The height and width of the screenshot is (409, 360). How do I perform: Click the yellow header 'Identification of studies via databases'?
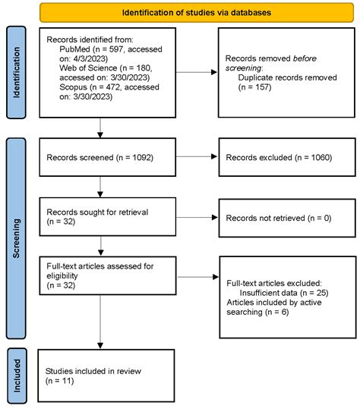pyautogui.click(x=197, y=12)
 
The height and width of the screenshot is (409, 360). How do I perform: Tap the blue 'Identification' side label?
pyautogui.click(x=16, y=73)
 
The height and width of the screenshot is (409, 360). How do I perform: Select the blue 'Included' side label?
pyautogui.click(x=17, y=376)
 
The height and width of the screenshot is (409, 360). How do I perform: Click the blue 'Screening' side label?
pyautogui.click(x=16, y=238)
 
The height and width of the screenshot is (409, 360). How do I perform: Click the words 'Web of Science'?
pyautogui.click(x=88, y=68)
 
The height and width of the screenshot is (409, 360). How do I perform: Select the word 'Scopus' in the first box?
pyautogui.click(x=73, y=87)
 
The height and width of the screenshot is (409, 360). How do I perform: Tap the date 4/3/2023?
pyautogui.click(x=90, y=58)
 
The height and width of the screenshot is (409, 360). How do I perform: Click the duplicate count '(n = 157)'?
pyautogui.click(x=254, y=87)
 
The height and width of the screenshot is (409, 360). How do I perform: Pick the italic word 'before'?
pyautogui.click(x=305, y=58)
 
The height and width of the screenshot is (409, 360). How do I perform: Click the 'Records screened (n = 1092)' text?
pyautogui.click(x=100, y=158)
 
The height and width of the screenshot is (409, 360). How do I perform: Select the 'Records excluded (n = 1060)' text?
pyautogui.click(x=279, y=158)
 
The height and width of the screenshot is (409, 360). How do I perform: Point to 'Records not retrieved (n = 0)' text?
pyautogui.click(x=279, y=218)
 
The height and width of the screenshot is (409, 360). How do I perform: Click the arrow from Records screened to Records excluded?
pyautogui.click(x=197, y=156)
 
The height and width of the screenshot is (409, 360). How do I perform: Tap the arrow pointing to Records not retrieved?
pyautogui.click(x=197, y=217)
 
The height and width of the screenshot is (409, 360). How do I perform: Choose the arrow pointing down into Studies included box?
pyautogui.click(x=100, y=322)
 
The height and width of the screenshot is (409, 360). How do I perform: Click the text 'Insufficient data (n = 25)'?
pyautogui.click(x=284, y=293)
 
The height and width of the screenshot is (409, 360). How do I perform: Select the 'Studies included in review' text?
pyautogui.click(x=93, y=371)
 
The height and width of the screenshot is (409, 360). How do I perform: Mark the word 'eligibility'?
pyautogui.click(x=62, y=275)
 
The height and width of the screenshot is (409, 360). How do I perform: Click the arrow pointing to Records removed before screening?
pyautogui.click(x=197, y=72)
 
